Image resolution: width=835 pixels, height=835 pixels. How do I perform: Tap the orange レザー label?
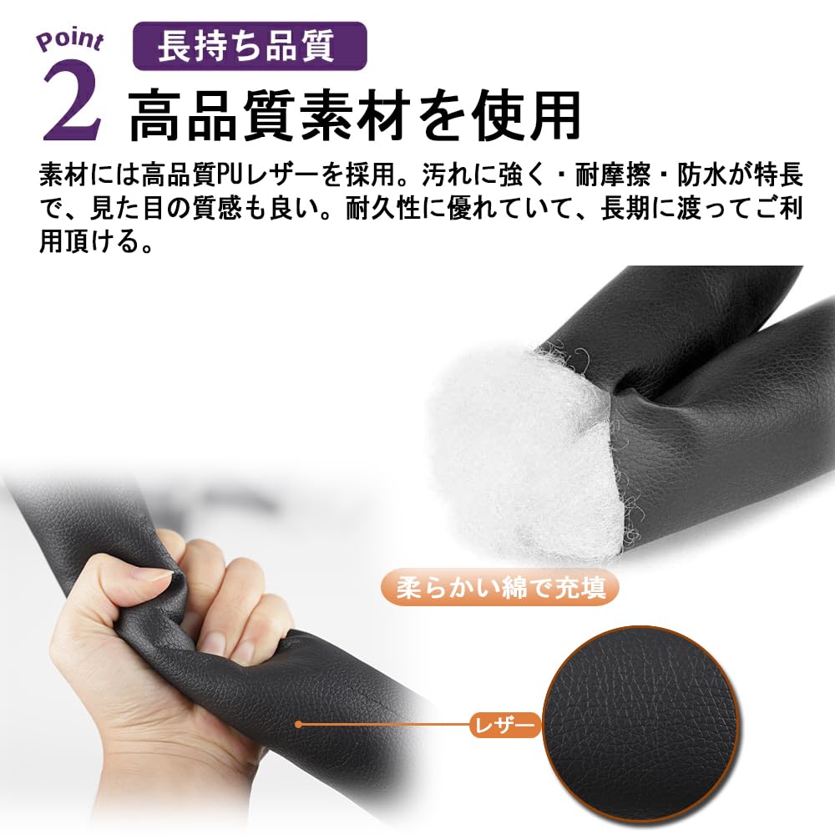[503, 725]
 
